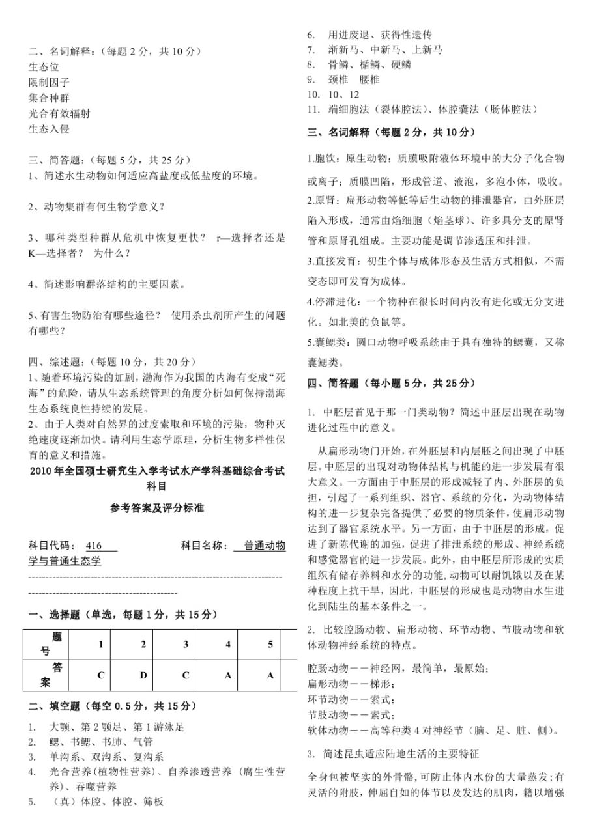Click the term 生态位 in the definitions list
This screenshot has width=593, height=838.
coord(44,66)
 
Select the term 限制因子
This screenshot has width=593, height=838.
coord(50,82)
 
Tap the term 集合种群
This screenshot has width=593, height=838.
coord(50,98)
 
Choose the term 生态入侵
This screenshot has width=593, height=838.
coord(50,129)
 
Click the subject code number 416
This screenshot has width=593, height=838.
coord(94,546)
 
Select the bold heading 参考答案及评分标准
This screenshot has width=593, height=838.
coord(157,508)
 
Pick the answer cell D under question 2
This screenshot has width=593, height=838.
coord(143,675)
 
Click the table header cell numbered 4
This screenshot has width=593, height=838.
coord(228,644)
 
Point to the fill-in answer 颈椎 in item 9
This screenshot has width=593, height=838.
coord(340,79)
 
